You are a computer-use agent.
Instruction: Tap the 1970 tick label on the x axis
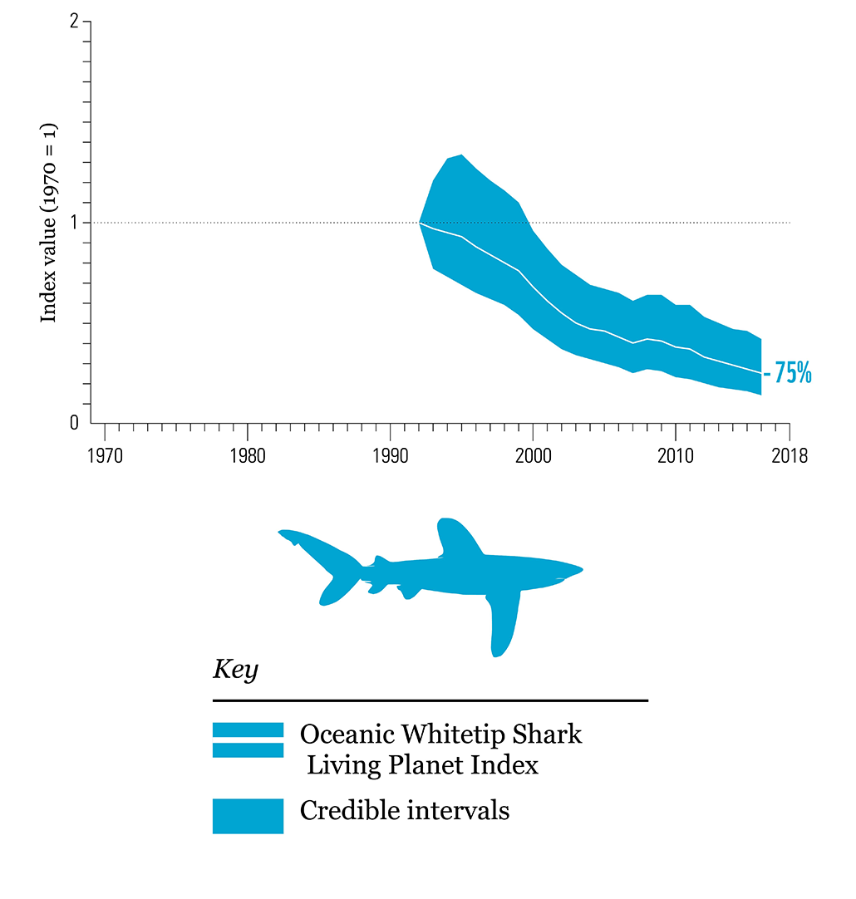tap(105, 456)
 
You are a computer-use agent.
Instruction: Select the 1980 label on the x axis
tap(248, 456)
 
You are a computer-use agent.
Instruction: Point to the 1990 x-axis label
tap(390, 456)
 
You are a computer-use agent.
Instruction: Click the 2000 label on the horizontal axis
tap(533, 456)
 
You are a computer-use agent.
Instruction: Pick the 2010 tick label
tap(675, 456)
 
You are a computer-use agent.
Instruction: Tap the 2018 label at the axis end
tap(789, 456)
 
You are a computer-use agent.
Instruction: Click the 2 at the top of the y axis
tap(74, 22)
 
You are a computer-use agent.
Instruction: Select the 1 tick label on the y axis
tap(75, 223)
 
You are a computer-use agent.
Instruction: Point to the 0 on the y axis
tap(74, 423)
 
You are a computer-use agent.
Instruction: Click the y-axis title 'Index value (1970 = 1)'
tap(49, 224)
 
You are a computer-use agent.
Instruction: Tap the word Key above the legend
tap(235, 670)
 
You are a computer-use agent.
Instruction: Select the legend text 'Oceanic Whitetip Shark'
tap(440, 734)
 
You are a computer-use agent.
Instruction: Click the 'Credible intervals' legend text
tap(404, 810)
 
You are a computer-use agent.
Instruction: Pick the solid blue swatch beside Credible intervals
tap(248, 816)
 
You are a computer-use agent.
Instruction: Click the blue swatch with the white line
tap(248, 739)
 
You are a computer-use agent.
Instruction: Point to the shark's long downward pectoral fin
tap(503, 623)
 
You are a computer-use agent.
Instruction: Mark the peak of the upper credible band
tap(460, 155)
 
